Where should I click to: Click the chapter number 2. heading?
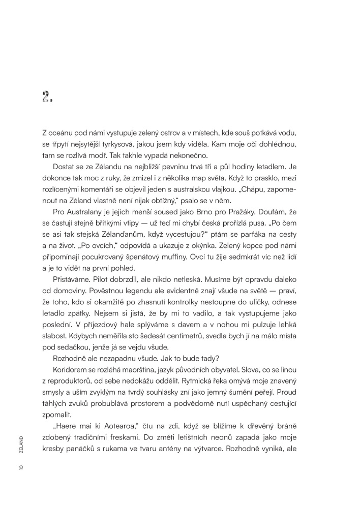[47, 97]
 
